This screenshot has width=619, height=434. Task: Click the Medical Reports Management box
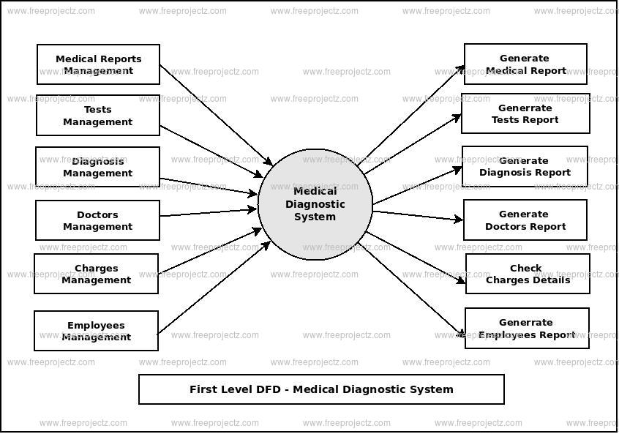[98, 64]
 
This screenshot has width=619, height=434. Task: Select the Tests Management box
[98, 116]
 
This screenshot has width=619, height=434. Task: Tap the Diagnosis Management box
[98, 167]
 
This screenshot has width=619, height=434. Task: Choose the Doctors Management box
[98, 220]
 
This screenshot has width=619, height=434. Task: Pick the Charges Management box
[96, 274]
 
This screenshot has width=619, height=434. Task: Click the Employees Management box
[96, 331]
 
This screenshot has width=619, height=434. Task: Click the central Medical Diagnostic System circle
[315, 204]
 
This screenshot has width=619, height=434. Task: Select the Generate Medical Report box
[525, 64]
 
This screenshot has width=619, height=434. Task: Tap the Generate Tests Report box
[525, 114]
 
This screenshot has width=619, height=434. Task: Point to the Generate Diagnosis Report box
[525, 166]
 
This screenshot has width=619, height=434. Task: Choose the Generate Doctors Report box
[525, 220]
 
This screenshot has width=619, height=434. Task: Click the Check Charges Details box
[528, 274]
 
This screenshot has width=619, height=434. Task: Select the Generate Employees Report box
[527, 328]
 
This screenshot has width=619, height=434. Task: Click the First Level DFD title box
[321, 389]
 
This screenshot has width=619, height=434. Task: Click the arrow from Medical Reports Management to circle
[216, 115]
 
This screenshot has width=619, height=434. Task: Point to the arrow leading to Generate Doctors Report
[417, 215]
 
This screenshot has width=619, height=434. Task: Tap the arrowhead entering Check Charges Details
[461, 281]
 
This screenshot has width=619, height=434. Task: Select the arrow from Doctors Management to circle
[209, 212]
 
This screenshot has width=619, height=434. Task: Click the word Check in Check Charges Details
[526, 268]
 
